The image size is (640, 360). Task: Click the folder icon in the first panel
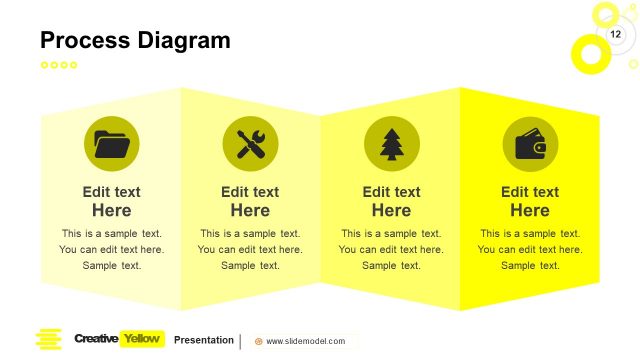pyautogui.click(x=111, y=144)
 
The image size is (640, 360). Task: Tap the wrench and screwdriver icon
pyautogui.click(x=250, y=144)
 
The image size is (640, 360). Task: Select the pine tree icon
pyautogui.click(x=391, y=144)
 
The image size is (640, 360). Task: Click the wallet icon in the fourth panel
pyautogui.click(x=530, y=144)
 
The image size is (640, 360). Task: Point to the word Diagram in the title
pyautogui.click(x=185, y=40)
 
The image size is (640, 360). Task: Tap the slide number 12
pyautogui.click(x=616, y=35)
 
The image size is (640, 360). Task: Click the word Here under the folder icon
pyautogui.click(x=111, y=211)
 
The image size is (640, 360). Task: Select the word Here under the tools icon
pyautogui.click(x=250, y=211)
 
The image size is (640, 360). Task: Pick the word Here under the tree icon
pyautogui.click(x=391, y=211)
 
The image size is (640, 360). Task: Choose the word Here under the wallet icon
pyautogui.click(x=530, y=211)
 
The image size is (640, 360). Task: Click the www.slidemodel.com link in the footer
pyautogui.click(x=305, y=341)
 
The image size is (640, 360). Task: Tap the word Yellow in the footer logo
pyautogui.click(x=141, y=339)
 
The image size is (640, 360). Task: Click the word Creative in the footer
pyautogui.click(x=96, y=339)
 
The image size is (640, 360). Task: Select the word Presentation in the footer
pyautogui.click(x=204, y=340)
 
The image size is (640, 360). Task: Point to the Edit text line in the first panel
pyautogui.click(x=111, y=192)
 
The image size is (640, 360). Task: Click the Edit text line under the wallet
pyautogui.click(x=530, y=192)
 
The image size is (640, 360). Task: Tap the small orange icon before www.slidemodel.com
pyautogui.click(x=259, y=341)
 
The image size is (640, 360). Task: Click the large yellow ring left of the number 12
pyautogui.click(x=589, y=53)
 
